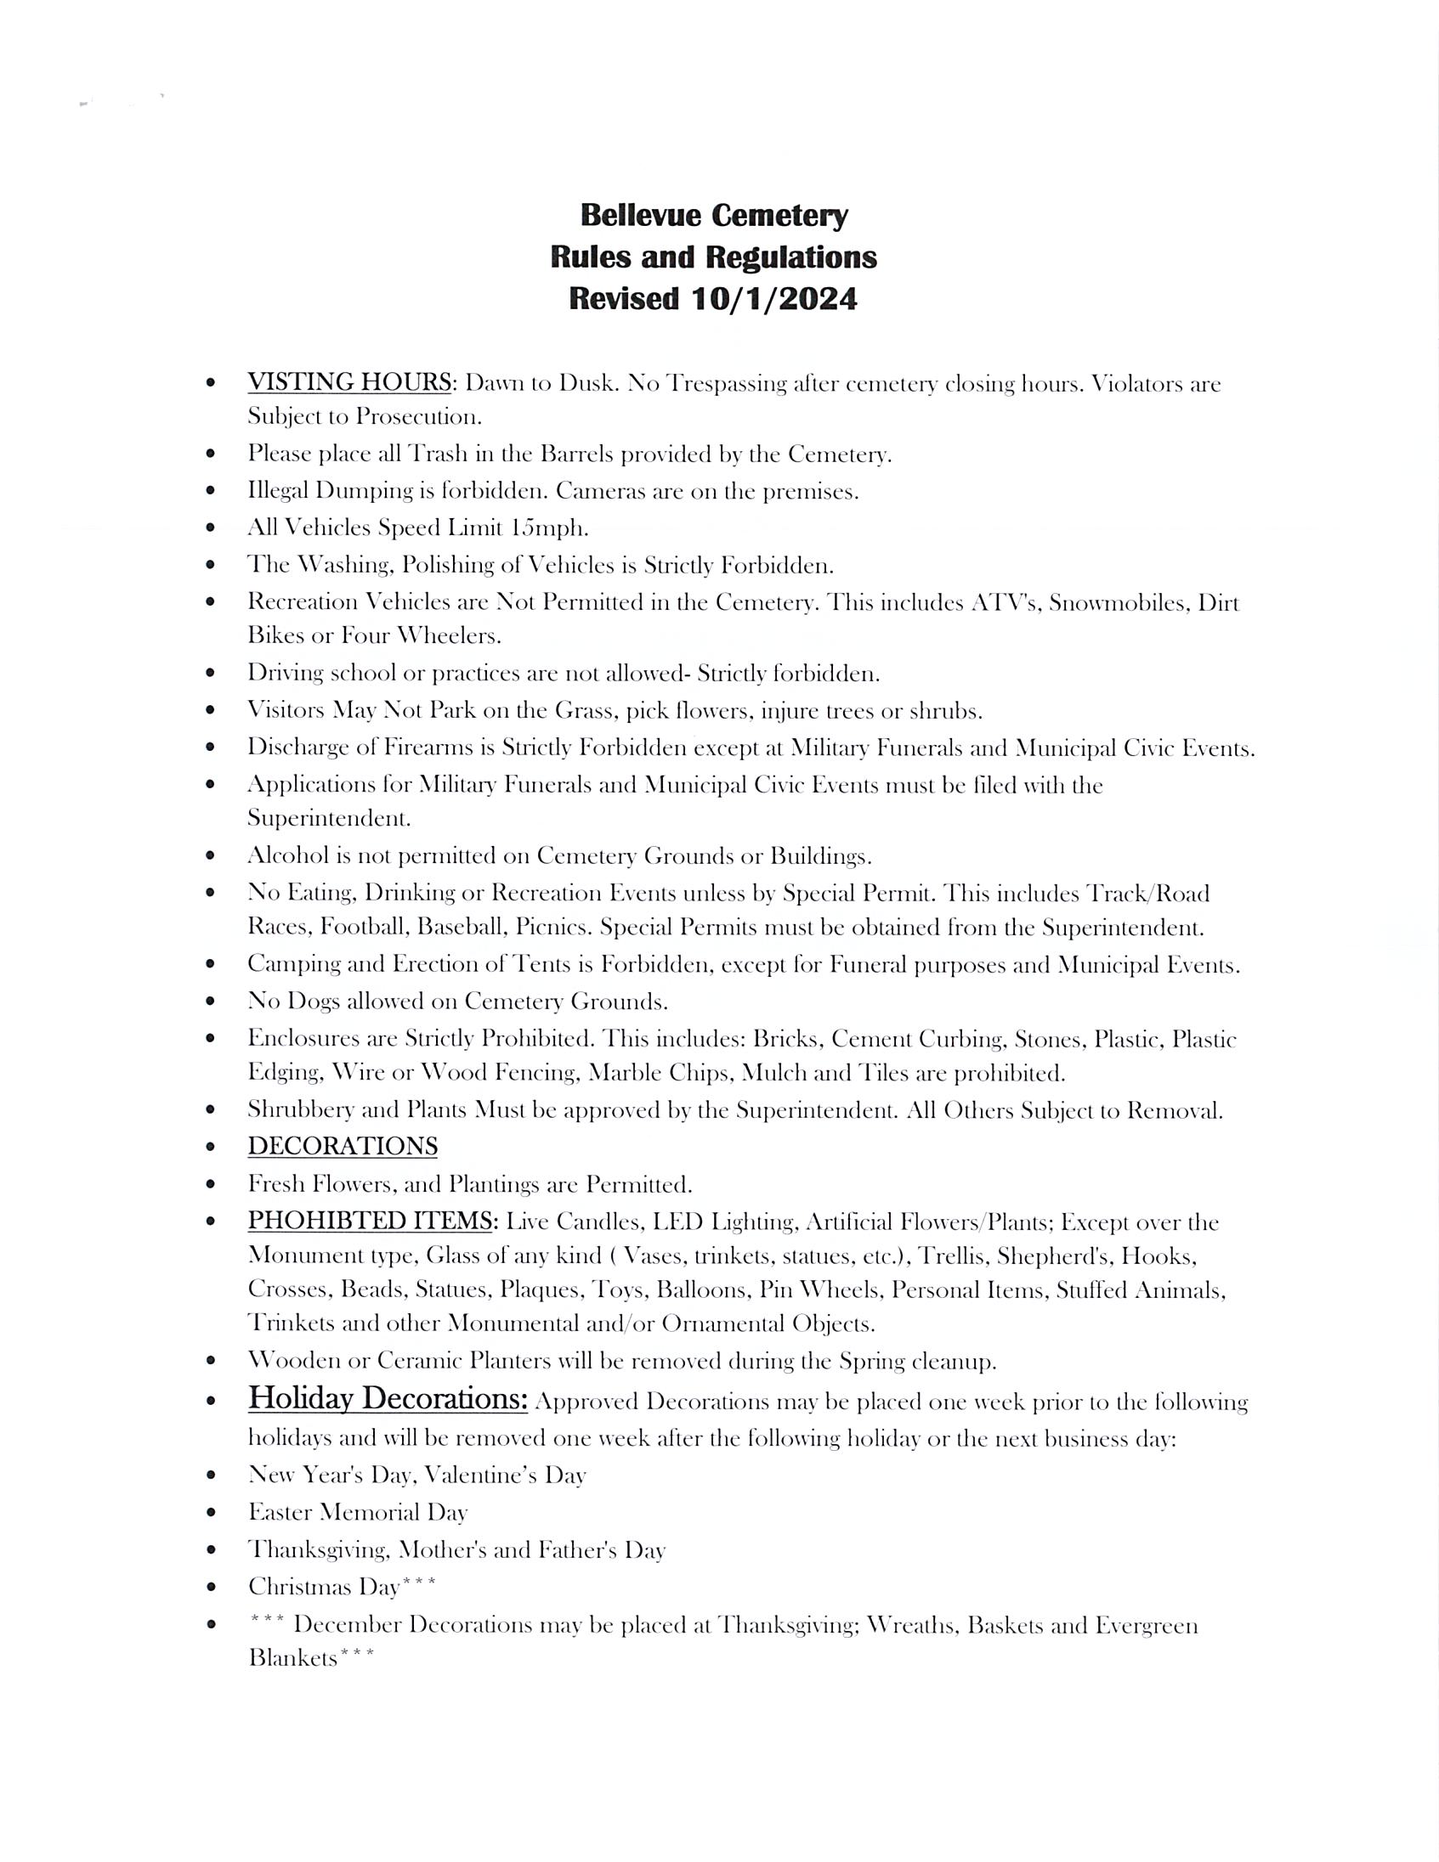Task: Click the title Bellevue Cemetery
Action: [714, 215]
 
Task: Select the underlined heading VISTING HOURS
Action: [348, 381]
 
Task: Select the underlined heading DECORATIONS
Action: [342, 1146]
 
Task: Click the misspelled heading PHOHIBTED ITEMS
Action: [371, 1221]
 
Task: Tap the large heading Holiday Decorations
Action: [388, 1399]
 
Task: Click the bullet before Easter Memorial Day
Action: [211, 1512]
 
